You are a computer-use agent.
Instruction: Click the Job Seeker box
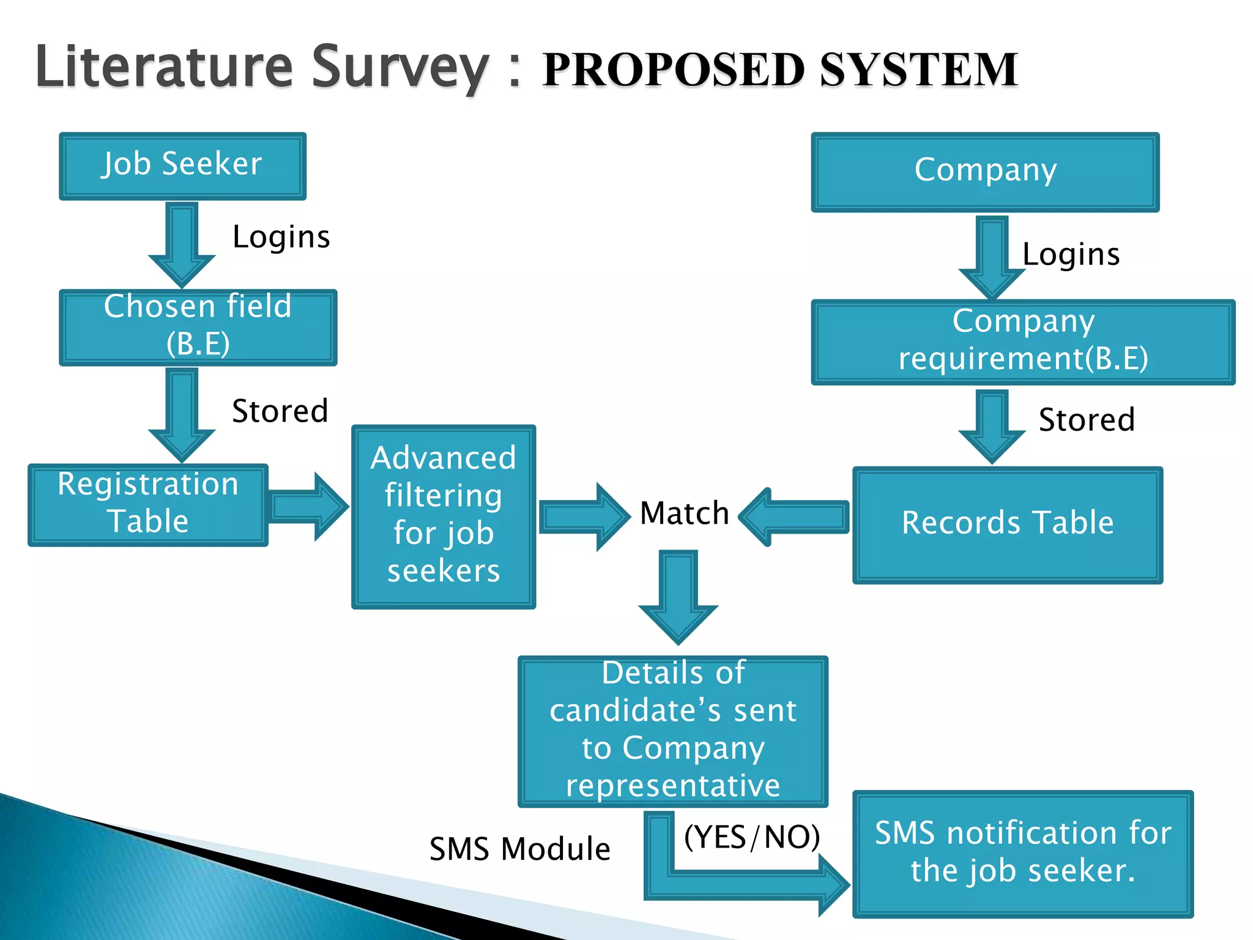click(182, 166)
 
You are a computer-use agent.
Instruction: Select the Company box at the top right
click(985, 172)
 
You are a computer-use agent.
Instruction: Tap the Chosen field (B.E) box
click(198, 327)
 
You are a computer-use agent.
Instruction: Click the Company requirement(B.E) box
click(1022, 341)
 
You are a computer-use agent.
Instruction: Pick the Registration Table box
click(147, 504)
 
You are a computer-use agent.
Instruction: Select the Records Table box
click(1007, 524)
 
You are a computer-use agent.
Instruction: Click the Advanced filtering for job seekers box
click(444, 516)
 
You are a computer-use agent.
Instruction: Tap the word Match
click(684, 513)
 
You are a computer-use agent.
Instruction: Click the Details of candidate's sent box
click(672, 731)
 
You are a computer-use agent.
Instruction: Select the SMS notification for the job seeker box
click(1022, 853)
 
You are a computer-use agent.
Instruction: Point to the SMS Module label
click(519, 849)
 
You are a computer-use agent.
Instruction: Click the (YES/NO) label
click(751, 837)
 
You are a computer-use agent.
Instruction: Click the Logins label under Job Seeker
click(281, 237)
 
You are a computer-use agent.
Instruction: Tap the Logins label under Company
click(1071, 255)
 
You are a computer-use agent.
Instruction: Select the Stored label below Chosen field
click(280, 411)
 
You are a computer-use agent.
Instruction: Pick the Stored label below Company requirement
click(1087, 420)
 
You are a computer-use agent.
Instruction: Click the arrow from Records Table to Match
click(795, 517)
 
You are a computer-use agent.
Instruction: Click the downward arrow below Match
click(678, 597)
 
